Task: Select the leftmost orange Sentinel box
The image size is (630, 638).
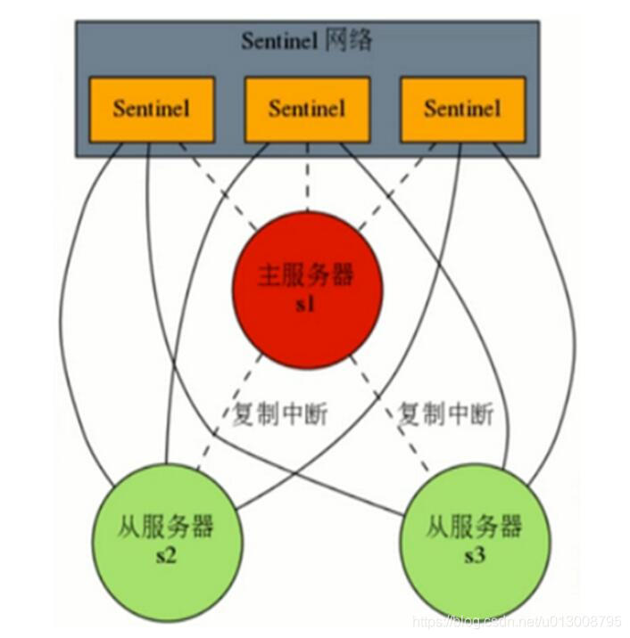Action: click(151, 109)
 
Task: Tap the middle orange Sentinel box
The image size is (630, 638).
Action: click(306, 109)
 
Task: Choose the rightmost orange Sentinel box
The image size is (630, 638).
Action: click(462, 109)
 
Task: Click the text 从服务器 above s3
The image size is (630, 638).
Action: click(473, 528)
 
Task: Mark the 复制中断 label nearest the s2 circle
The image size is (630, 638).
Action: click(267, 414)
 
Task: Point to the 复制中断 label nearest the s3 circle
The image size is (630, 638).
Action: click(444, 414)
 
